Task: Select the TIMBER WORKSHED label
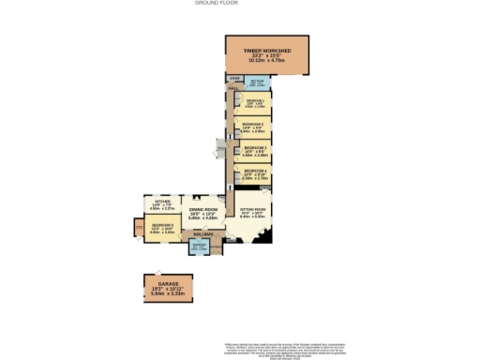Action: tap(267, 50)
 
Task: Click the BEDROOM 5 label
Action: tap(161, 226)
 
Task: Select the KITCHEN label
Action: tap(162, 201)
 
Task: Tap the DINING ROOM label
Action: tap(203, 209)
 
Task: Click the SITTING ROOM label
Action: tap(254, 209)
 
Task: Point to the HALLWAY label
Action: tap(203, 232)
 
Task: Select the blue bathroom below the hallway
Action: tap(199, 247)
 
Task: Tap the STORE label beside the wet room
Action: tap(233, 78)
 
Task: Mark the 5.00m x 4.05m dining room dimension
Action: tap(203, 219)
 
